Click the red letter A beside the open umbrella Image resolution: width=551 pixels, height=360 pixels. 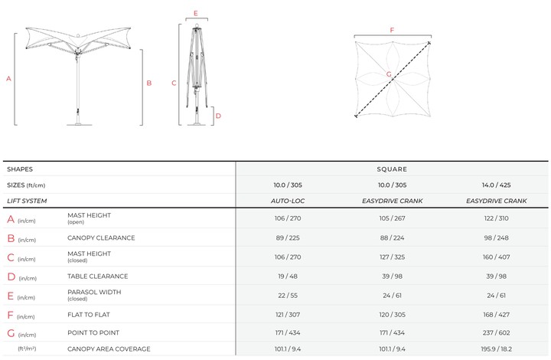pos(8,79)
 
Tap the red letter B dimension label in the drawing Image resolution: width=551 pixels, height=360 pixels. pos(149,83)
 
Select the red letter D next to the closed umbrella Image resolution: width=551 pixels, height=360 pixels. pos(218,116)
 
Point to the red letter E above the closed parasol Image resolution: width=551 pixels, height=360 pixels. pos(196,13)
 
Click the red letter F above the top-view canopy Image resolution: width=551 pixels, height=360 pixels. pos(392,30)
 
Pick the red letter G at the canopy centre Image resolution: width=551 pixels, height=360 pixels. pos(389,74)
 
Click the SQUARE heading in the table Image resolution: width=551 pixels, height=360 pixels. pos(392,169)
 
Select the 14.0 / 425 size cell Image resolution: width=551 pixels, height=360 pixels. pos(496,185)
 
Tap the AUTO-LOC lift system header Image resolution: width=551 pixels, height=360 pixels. pos(288,201)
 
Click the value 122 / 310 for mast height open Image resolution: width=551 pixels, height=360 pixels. pos(496,218)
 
